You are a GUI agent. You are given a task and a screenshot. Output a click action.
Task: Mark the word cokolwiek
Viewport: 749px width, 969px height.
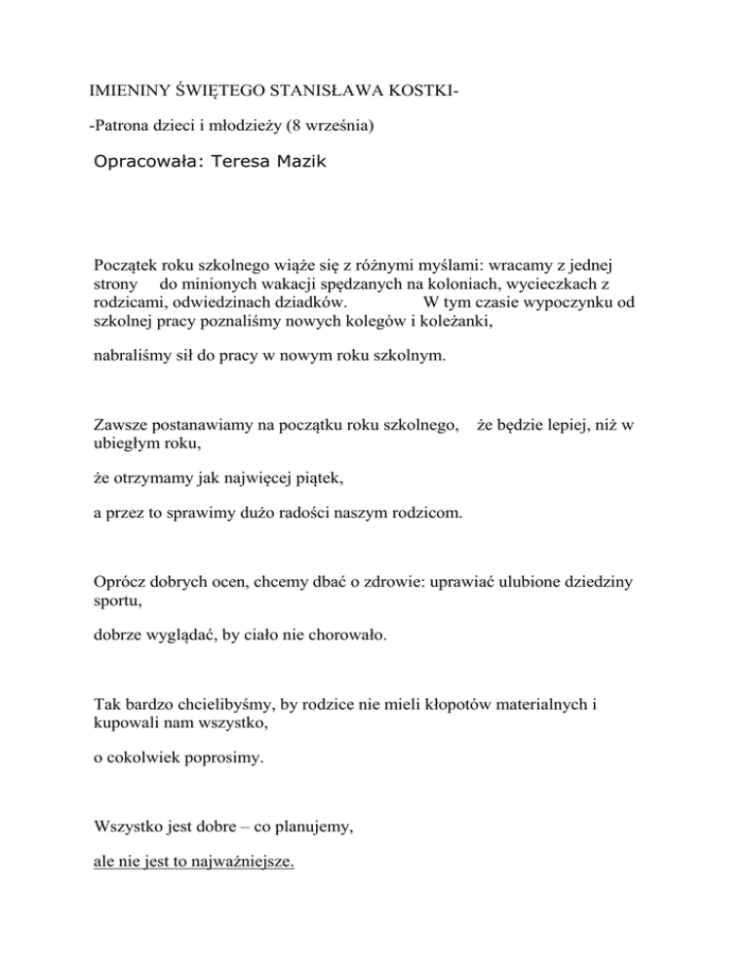144,756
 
